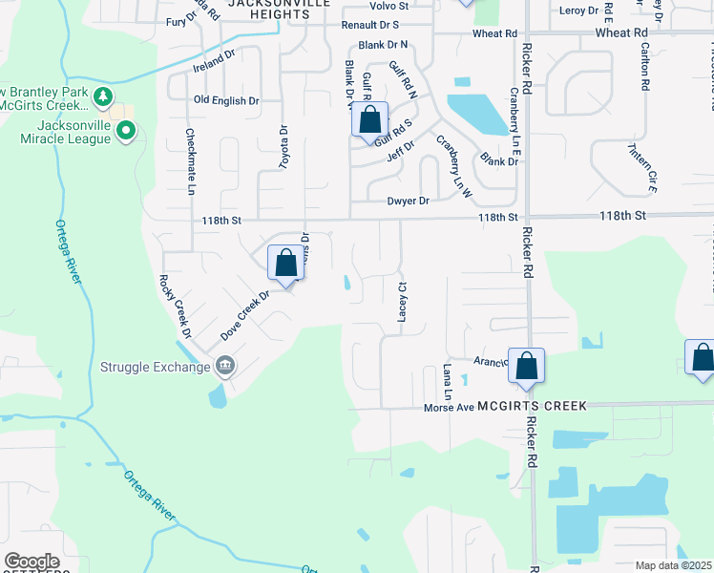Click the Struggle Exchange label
click(x=155, y=367)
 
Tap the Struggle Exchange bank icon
click(x=224, y=364)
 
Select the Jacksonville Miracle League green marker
click(x=125, y=133)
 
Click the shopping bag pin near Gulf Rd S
click(x=370, y=121)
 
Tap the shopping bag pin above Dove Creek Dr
click(x=286, y=264)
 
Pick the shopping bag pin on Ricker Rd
click(x=526, y=366)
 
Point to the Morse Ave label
click(x=449, y=407)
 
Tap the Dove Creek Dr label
click(x=245, y=316)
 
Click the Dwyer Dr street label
click(x=409, y=201)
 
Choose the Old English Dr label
click(x=226, y=100)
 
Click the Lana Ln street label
click(x=446, y=381)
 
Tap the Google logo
click(x=31, y=562)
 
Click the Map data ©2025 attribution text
click(x=674, y=565)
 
